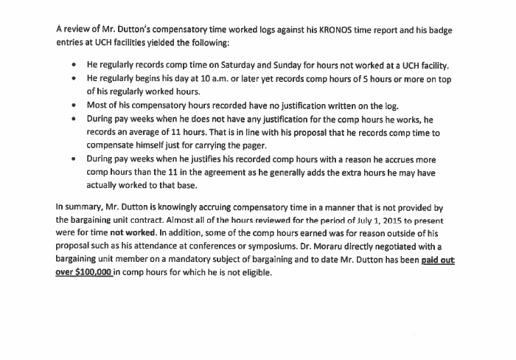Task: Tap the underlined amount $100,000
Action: click(x=84, y=273)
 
